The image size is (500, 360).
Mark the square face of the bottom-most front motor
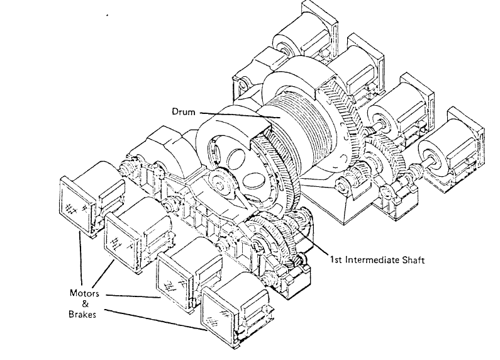tap(217, 311)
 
